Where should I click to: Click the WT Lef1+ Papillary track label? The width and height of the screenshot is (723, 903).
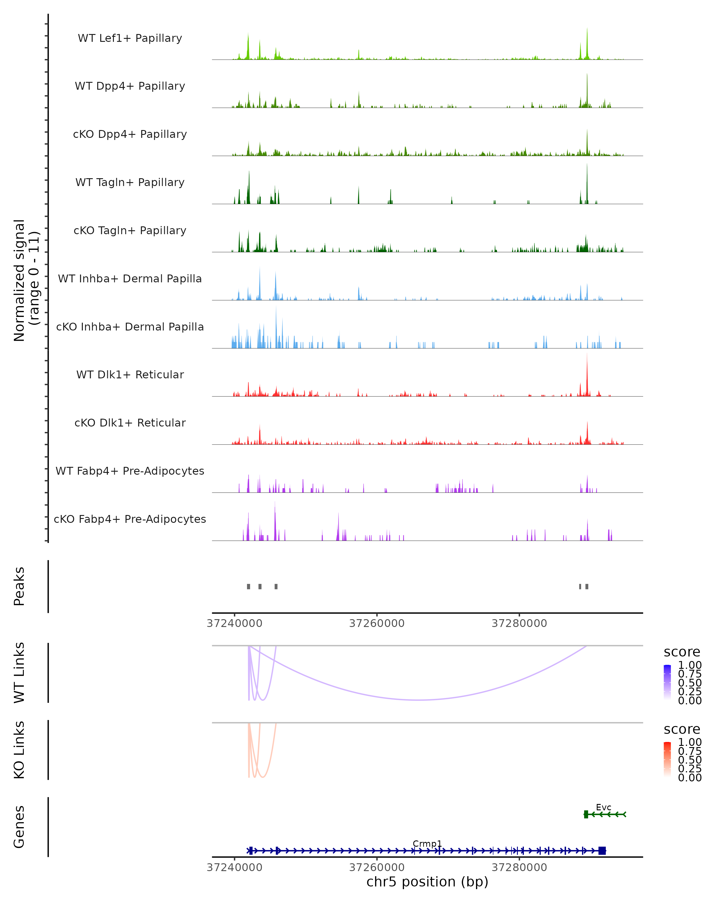pyautogui.click(x=130, y=38)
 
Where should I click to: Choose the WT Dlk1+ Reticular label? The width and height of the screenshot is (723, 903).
pyautogui.click(x=130, y=374)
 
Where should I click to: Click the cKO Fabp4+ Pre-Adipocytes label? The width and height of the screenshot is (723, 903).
pyautogui.click(x=130, y=519)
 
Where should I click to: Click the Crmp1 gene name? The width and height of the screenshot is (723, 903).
pyautogui.click(x=427, y=843)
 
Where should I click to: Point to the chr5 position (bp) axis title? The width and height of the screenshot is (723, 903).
pyautogui.click(x=427, y=882)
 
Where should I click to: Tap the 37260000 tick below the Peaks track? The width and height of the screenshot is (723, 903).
pyautogui.click(x=377, y=623)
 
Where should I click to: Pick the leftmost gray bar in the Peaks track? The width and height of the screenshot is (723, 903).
pyautogui.click(x=249, y=586)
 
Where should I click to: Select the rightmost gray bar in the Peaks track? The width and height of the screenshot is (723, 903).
pyautogui.click(x=587, y=586)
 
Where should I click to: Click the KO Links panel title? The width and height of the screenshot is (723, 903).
pyautogui.click(x=19, y=750)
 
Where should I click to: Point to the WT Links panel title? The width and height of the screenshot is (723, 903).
pyautogui.click(x=19, y=672)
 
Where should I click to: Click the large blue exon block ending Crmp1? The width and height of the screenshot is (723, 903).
pyautogui.click(x=602, y=851)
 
